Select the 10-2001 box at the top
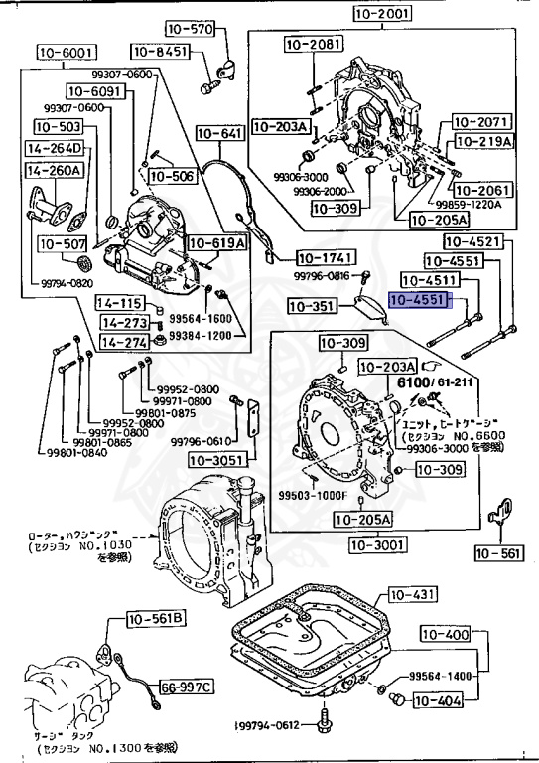(x=383, y=14)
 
